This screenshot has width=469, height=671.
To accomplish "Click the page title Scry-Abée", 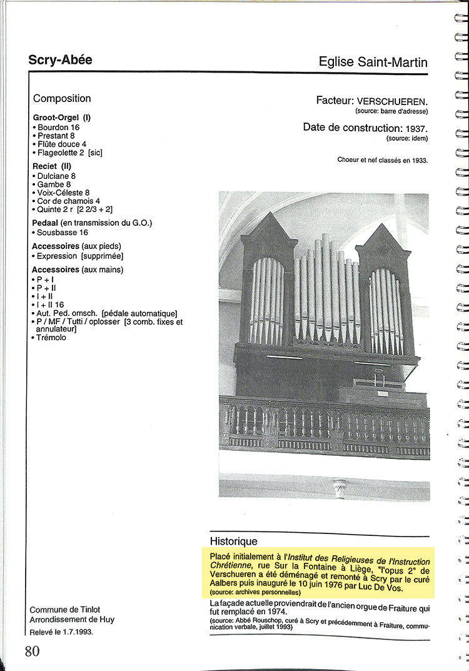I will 60,60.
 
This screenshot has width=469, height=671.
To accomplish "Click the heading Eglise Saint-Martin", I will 373,62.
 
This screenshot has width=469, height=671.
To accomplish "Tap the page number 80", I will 33,651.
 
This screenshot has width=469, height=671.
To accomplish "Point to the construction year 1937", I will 416,128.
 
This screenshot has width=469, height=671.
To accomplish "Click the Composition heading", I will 62,98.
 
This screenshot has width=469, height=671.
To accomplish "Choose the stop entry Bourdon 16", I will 58,128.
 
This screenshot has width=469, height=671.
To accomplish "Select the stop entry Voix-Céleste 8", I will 63,193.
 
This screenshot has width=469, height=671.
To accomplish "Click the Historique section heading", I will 233,541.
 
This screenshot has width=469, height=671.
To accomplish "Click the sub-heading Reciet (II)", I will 53,166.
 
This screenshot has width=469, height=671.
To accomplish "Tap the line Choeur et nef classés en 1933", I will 382,160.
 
